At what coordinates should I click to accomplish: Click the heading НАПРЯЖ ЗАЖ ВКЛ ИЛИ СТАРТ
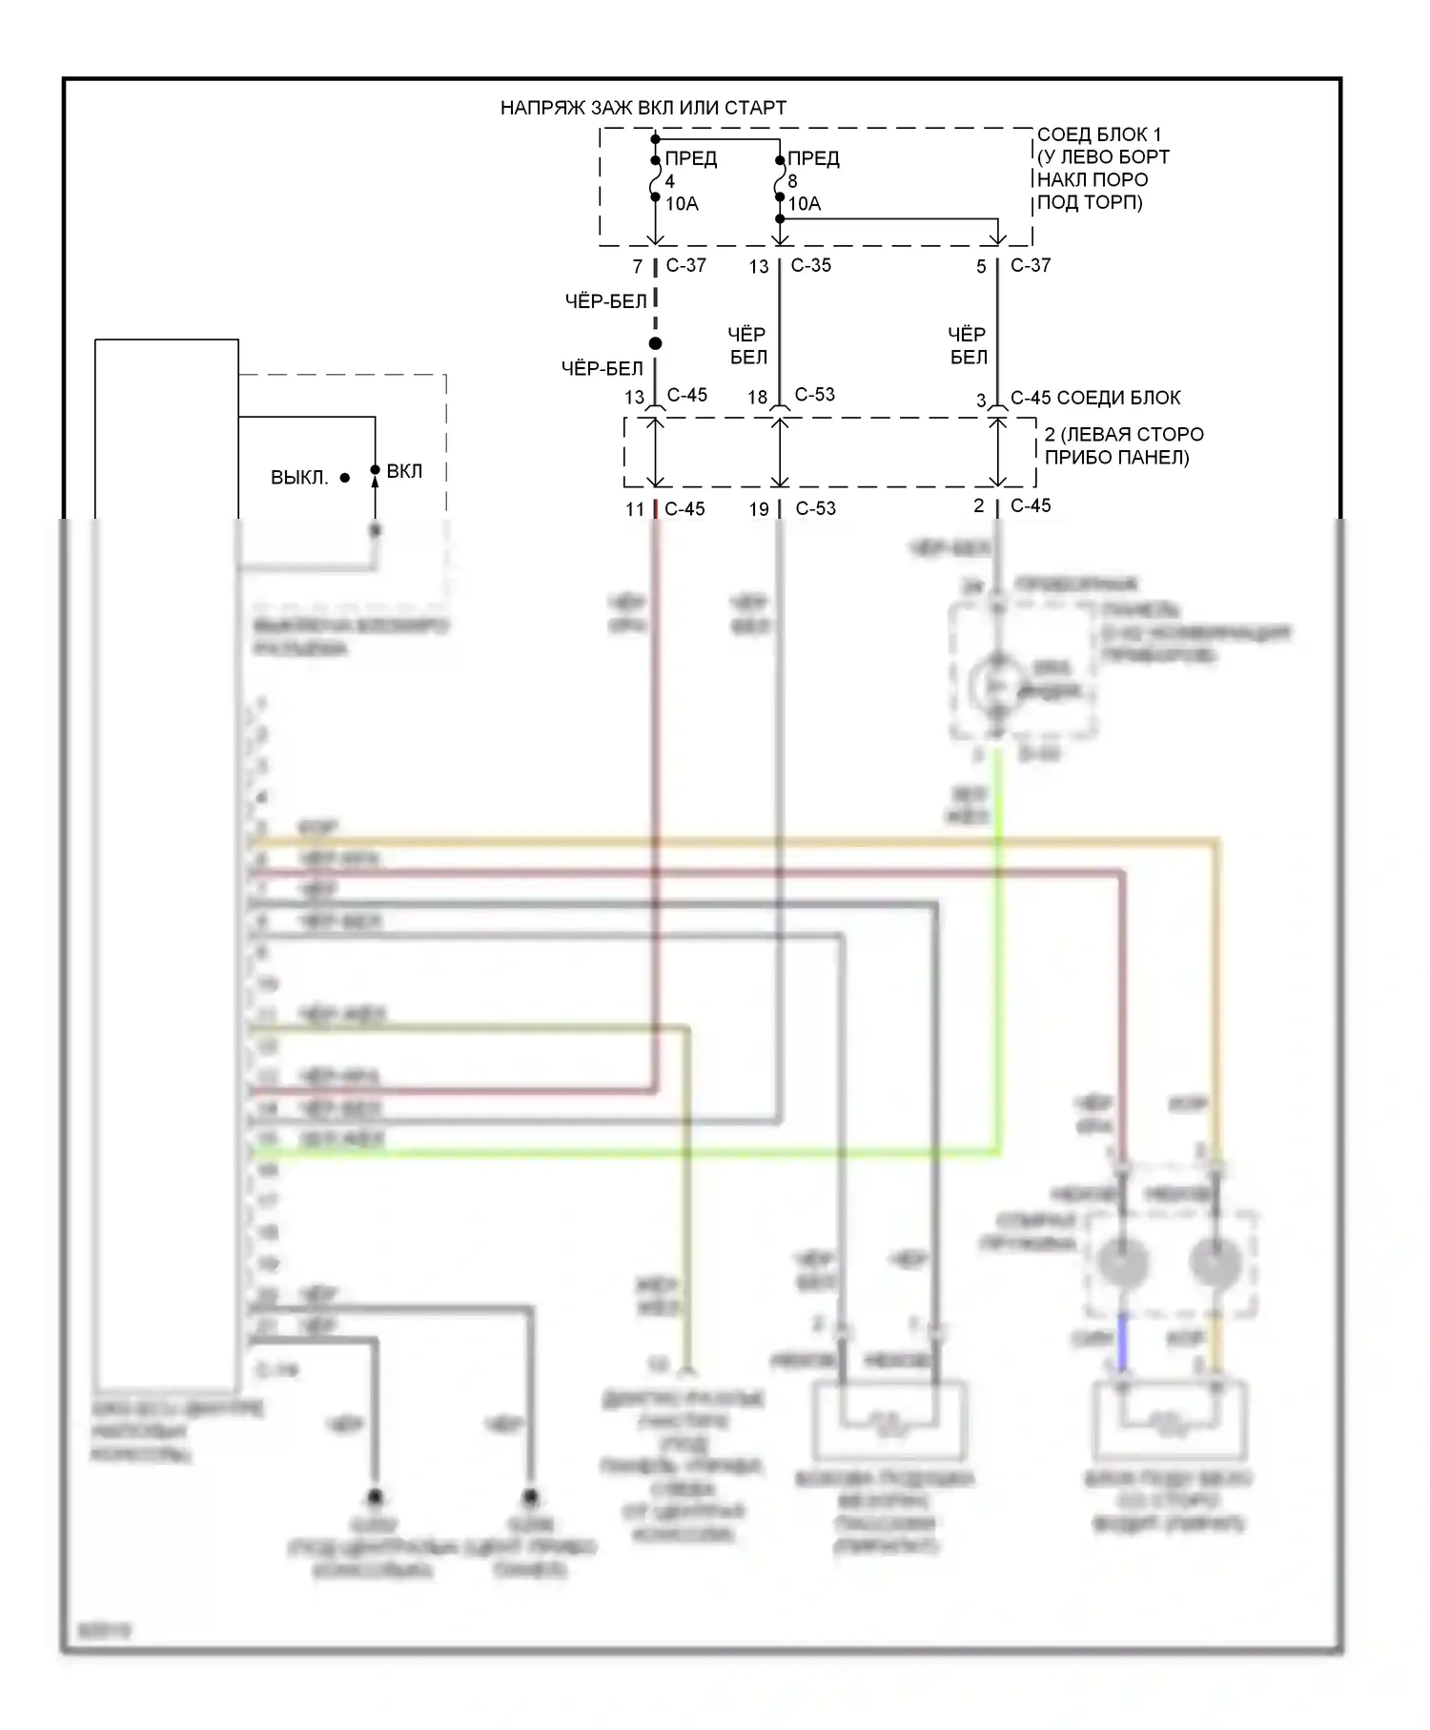point(643,108)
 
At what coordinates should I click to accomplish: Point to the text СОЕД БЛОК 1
point(1099,134)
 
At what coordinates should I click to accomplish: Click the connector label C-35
point(810,265)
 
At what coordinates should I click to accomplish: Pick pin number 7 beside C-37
point(638,267)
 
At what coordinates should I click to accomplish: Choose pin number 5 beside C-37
point(981,267)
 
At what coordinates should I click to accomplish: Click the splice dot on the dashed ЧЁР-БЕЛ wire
point(655,343)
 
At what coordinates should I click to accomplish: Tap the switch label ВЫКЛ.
point(299,477)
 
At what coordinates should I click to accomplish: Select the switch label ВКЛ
point(404,471)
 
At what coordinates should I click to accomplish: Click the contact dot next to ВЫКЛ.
point(344,478)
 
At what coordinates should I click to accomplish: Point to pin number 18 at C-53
point(758,397)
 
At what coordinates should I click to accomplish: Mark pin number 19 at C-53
point(759,509)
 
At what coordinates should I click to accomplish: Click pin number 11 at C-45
point(635,509)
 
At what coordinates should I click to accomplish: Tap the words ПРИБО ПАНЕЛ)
point(1116,457)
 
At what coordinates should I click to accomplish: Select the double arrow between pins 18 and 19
point(780,452)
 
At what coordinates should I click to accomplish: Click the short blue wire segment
point(1122,1342)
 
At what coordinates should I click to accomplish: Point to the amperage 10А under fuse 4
point(682,203)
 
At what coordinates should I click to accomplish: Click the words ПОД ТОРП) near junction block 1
point(1089,202)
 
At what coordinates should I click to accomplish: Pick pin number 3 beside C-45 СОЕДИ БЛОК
point(981,401)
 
